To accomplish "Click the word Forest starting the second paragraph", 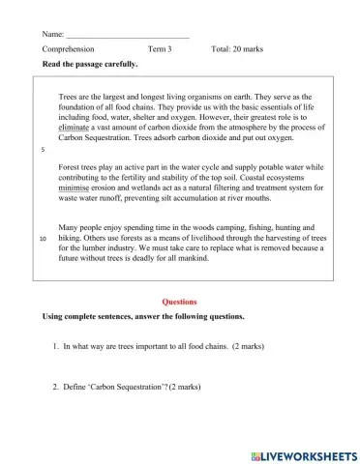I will pyautogui.click(x=72, y=167).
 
